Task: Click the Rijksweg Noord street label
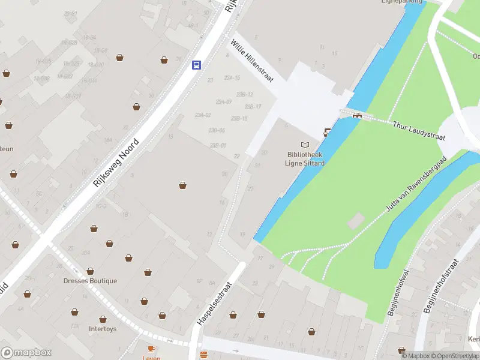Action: pos(116,162)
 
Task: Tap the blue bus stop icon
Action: pos(196,65)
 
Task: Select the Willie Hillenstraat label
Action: pos(252,61)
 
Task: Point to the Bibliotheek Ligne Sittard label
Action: pos(305,158)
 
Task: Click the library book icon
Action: pos(305,145)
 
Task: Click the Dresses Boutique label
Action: pos(91,281)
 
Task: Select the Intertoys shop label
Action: pos(103,329)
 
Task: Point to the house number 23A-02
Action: pos(203,115)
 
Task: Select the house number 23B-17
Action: pos(254,107)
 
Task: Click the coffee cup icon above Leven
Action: pos(151,348)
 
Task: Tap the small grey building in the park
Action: pos(355,220)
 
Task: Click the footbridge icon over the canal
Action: pos(357,115)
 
